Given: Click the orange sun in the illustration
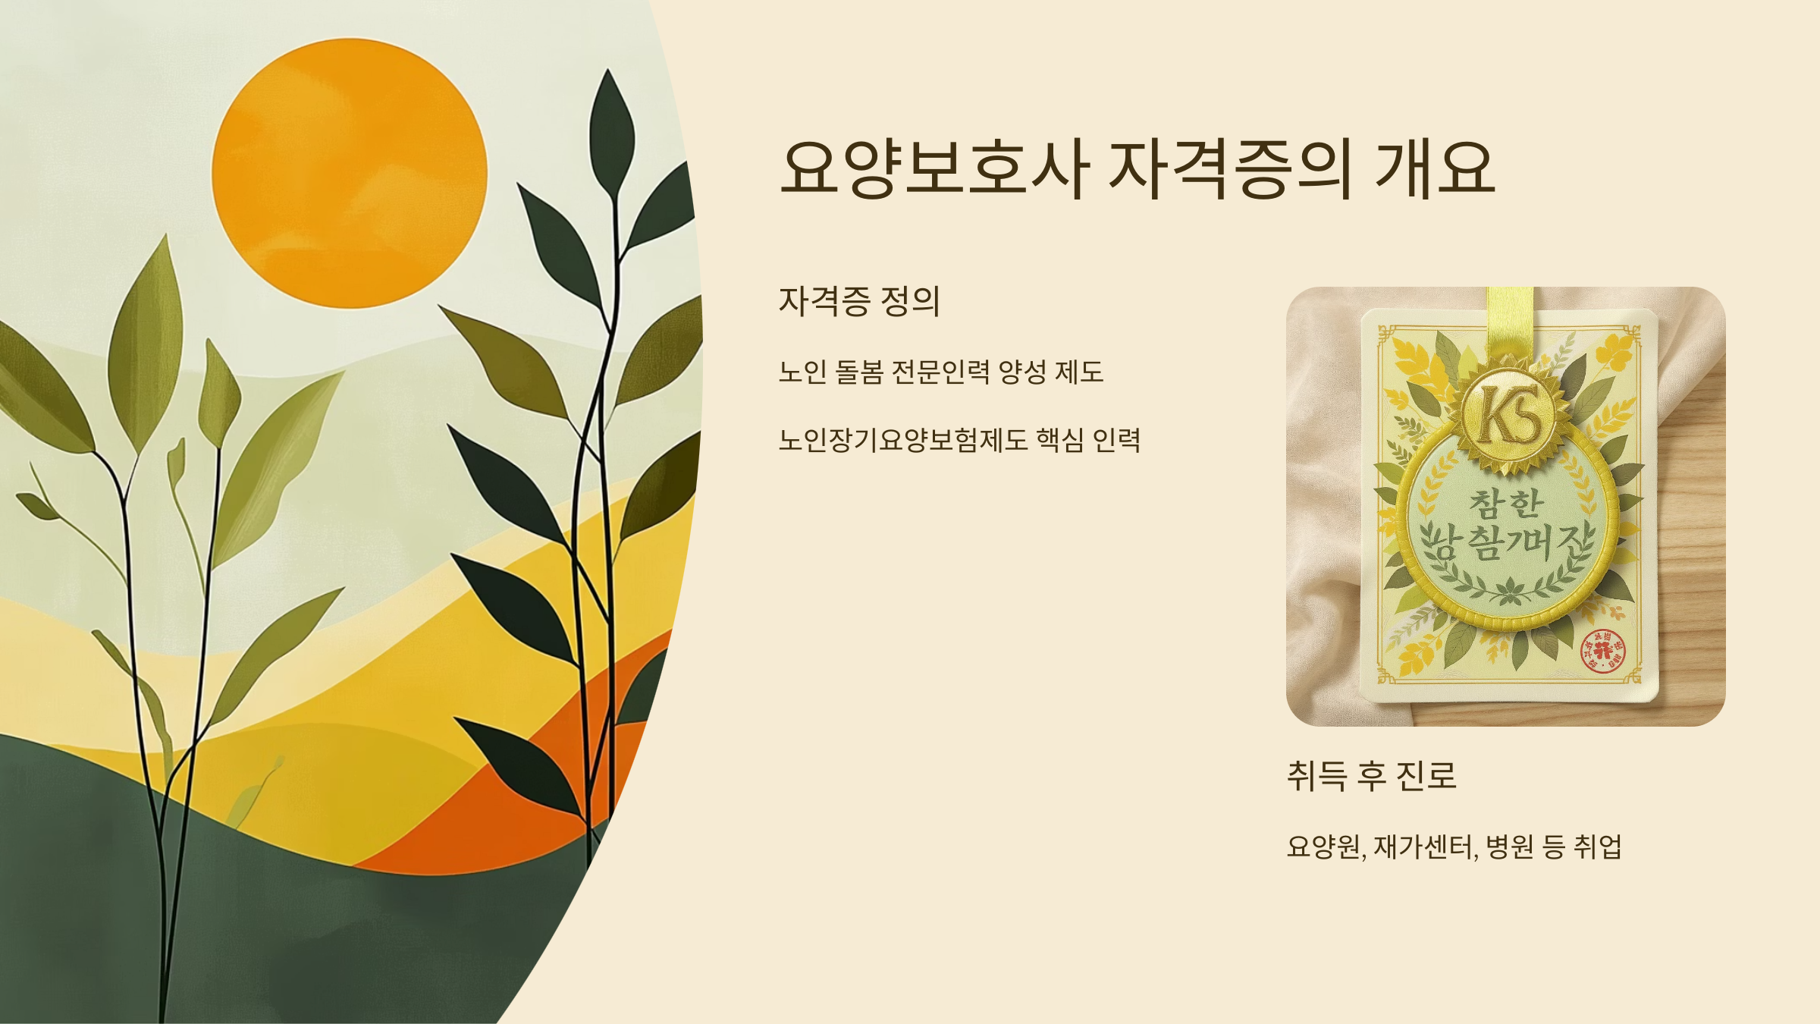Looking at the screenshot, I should [x=349, y=173].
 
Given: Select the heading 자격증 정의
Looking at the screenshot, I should [x=859, y=302].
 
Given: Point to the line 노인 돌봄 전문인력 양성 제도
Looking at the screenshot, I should [x=940, y=372].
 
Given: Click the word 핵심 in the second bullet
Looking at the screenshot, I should [x=1059, y=440].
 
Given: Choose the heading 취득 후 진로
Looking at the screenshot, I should [x=1371, y=775].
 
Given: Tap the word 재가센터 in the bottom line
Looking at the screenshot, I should [x=1424, y=847].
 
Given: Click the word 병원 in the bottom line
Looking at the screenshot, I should [x=1509, y=847].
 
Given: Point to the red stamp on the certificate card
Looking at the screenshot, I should [x=1602, y=651].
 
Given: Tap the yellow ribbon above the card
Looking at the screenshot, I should [x=1510, y=319].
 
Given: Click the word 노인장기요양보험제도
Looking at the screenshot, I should [x=902, y=440].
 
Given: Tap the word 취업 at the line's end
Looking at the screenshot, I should [x=1598, y=847].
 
